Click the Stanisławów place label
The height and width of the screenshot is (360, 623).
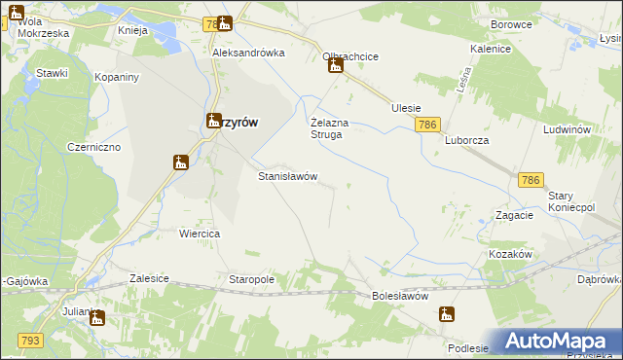click(x=286, y=176)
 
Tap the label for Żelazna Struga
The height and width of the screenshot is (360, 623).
click(x=326, y=128)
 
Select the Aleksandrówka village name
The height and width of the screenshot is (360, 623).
click(x=248, y=54)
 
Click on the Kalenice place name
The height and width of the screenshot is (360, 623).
click(x=491, y=48)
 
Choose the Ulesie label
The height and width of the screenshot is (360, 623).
click(x=405, y=108)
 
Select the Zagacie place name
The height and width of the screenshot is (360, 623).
click(x=514, y=215)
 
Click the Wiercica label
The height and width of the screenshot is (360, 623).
click(x=200, y=234)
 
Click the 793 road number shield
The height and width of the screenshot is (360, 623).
click(x=30, y=340)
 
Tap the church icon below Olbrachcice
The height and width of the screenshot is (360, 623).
click(x=335, y=66)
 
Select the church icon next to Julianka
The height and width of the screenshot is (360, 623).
click(x=96, y=318)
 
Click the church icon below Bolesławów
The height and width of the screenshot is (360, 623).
click(x=446, y=313)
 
